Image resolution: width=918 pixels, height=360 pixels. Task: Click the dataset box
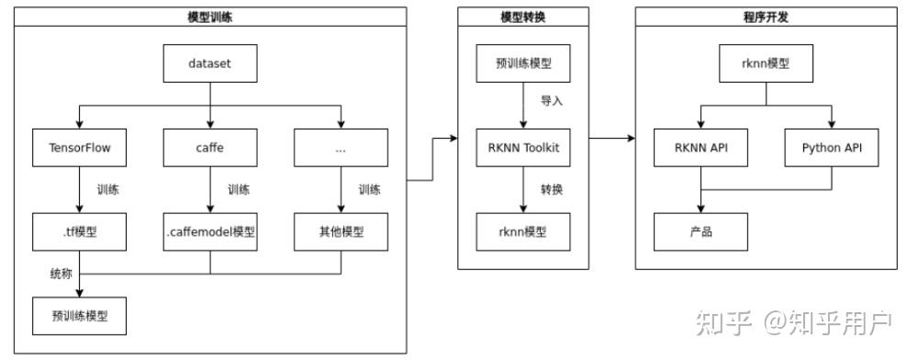pos(210,64)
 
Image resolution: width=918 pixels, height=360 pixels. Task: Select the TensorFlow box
pos(79,147)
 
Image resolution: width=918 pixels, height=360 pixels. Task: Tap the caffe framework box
pos(210,147)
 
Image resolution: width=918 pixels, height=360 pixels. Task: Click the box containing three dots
pos(341,147)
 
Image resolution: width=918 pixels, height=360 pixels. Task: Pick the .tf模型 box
pos(79,231)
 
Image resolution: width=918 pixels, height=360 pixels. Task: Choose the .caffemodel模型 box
pos(210,231)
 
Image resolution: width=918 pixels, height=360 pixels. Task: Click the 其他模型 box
pos(341,231)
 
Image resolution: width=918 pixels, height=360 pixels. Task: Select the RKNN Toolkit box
pos(523,147)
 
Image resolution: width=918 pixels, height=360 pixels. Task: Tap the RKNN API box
pos(700,147)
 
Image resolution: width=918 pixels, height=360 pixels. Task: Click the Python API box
pos(832,147)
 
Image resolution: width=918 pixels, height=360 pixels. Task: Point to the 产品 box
pos(700,231)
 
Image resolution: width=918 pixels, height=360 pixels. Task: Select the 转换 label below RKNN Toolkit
pos(552,189)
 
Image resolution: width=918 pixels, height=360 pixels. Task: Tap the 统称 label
pos(61,274)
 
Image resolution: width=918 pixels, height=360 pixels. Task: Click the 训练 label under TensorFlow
pos(108,190)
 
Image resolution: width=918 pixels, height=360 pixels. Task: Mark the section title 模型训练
pos(210,17)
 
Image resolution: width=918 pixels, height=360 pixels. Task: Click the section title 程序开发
pos(767,17)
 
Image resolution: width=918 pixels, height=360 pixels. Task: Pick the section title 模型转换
pos(523,17)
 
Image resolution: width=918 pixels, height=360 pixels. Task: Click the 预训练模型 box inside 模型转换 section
pos(523,64)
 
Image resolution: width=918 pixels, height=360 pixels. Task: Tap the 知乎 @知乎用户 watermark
pos(794,322)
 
